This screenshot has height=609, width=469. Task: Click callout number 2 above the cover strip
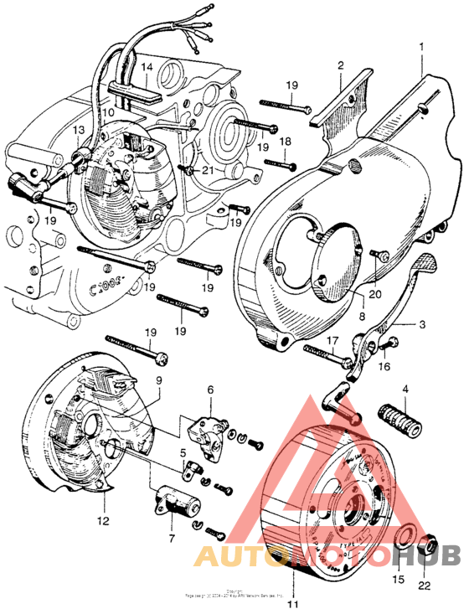coord(341,65)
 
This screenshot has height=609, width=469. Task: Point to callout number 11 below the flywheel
coord(292,601)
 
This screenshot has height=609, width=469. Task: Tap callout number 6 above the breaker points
coord(210,390)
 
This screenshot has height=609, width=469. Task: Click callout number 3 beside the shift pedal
coord(421,323)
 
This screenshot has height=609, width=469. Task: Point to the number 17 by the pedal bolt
coord(332,340)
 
